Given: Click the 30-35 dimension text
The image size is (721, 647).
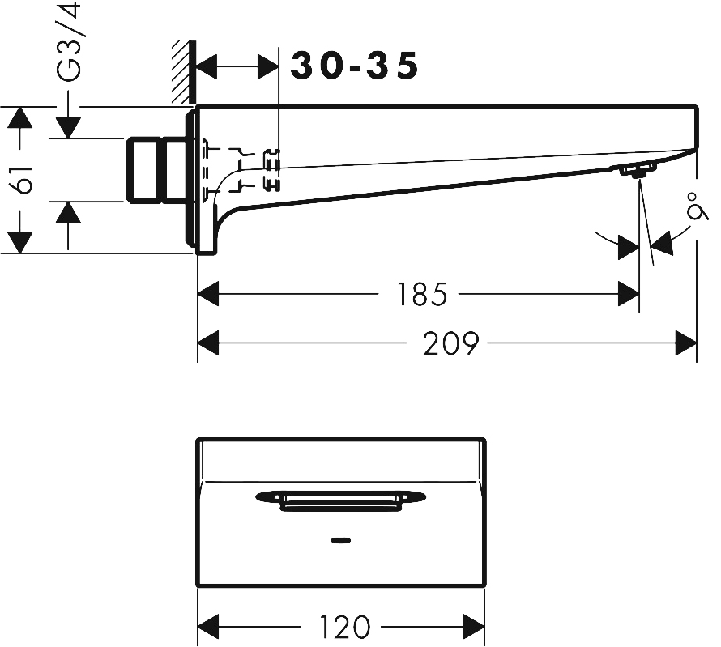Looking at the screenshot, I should point(354,66).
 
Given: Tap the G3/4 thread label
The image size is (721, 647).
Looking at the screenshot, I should point(71,42).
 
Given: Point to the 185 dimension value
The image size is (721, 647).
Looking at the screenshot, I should point(422,295).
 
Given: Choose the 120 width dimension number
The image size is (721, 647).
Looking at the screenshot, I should point(344,626).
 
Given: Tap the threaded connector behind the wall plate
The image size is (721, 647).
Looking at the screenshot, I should point(156,169).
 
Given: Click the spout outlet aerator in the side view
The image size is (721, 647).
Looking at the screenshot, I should point(637,170).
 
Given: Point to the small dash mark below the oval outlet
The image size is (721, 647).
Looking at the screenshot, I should point(341,538).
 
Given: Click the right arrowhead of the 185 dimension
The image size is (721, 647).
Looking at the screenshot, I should point(629,295).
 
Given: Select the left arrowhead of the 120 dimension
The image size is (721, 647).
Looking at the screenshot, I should point(209,626).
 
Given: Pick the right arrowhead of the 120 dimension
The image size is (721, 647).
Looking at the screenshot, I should point(474,626).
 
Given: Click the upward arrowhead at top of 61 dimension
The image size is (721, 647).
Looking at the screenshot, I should point(19,118).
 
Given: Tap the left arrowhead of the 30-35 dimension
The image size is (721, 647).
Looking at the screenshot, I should point(208,66).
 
